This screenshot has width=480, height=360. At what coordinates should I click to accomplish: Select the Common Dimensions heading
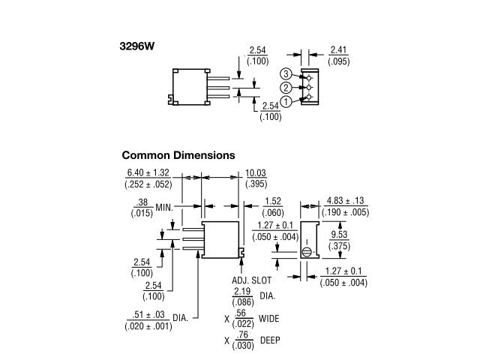[178, 155]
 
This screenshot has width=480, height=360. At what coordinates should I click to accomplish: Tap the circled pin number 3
[286, 73]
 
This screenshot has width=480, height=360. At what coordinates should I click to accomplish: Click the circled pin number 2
[286, 88]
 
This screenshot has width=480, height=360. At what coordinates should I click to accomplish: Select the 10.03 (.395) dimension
[256, 178]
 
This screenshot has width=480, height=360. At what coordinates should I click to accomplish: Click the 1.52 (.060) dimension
[274, 206]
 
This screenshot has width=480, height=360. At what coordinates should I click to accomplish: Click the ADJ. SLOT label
[250, 280]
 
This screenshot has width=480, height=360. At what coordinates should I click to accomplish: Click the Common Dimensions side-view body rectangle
[221, 239]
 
